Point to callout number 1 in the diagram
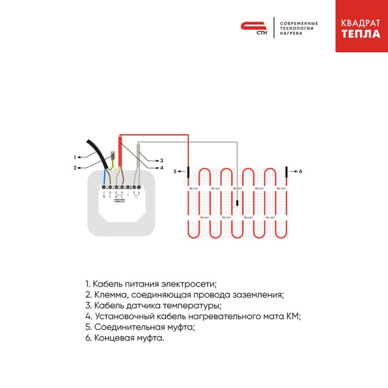[75, 157]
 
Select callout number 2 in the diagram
[75, 168]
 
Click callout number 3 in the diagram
[162, 160]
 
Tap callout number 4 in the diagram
[162, 168]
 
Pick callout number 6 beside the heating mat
[301, 171]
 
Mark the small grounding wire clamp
[114, 155]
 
